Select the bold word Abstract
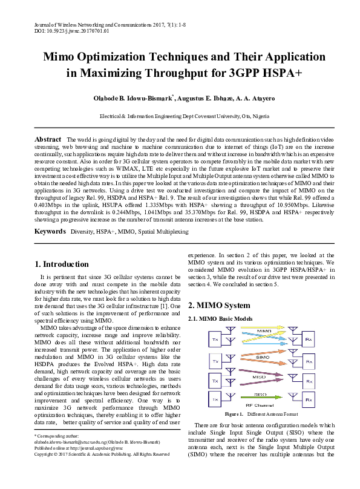click(x=48, y=139)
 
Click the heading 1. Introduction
click(x=62, y=264)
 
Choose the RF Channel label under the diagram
click(x=262, y=406)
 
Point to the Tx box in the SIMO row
click(x=215, y=361)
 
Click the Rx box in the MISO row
click(x=309, y=382)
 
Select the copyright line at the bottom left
click(x=93, y=471)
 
